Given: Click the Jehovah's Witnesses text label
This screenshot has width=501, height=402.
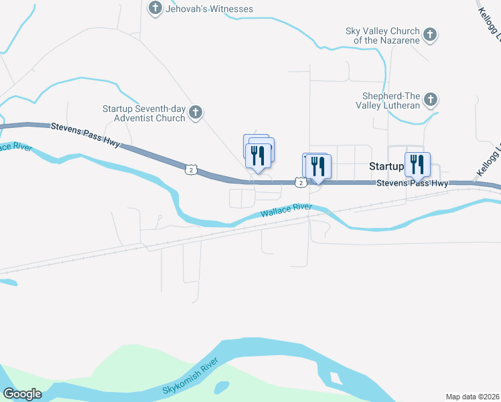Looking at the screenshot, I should pyautogui.click(x=210, y=9).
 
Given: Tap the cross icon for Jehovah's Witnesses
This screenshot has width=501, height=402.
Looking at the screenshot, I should pyautogui.click(x=155, y=8).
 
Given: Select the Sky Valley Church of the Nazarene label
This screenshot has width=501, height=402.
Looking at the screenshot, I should pyautogui.click(x=382, y=36).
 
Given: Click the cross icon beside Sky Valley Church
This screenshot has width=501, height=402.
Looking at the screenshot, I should pyautogui.click(x=430, y=33).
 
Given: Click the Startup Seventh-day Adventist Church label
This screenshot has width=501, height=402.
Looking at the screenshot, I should pyautogui.click(x=143, y=113).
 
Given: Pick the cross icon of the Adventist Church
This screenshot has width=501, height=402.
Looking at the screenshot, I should pyautogui.click(x=196, y=112).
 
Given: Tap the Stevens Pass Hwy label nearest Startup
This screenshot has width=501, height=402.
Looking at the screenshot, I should pyautogui.click(x=412, y=184).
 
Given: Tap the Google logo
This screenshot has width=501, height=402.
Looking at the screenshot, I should pyautogui.click(x=22, y=394).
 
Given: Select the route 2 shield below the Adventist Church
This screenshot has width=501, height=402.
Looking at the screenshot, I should pyautogui.click(x=192, y=170).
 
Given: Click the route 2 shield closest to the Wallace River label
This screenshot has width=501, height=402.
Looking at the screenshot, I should pyautogui.click(x=301, y=182).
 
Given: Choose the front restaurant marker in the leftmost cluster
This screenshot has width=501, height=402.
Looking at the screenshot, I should pyautogui.click(x=258, y=156).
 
